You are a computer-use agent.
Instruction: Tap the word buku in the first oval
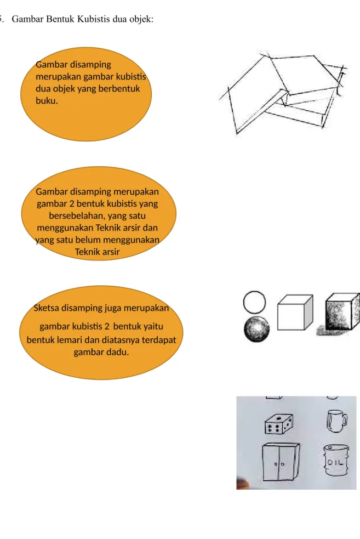(46, 101)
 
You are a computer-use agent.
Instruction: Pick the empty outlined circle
(254, 302)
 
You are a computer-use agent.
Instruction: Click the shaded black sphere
(256, 328)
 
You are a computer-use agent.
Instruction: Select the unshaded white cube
(295, 313)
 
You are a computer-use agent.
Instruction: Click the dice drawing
(279, 424)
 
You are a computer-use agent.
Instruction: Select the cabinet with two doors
(281, 462)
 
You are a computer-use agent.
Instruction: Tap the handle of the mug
(344, 420)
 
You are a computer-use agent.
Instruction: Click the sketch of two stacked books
(282, 93)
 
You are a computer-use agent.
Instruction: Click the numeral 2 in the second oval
(71, 204)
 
